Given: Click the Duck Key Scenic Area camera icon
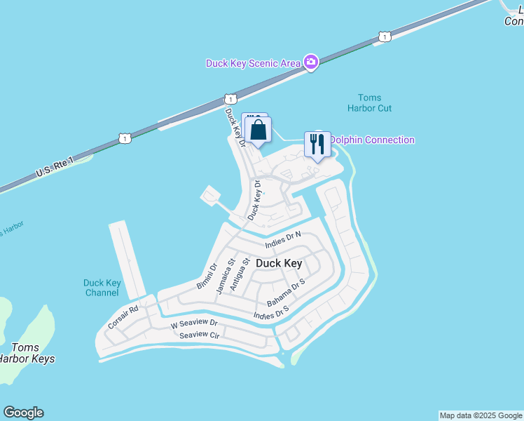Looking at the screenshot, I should tap(311, 63).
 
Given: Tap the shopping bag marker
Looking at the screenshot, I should tap(258, 130).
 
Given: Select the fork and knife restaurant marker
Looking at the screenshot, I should tap(317, 145).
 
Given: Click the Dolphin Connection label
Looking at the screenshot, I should tap(371, 140).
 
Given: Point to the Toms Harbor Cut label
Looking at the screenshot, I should tap(369, 103).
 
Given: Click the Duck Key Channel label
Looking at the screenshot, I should tap(102, 288).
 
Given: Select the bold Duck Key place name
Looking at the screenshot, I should tap(279, 263).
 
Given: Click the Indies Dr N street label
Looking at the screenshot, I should tap(283, 239).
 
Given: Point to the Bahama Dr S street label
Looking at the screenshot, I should tap(287, 293).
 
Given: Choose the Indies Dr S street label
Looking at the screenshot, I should tap(272, 312).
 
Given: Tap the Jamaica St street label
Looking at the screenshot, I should tap(224, 276).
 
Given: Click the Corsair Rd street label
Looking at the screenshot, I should tap(123, 317).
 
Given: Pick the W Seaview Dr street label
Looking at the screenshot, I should tap(195, 325).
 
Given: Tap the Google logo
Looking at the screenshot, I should tap(23, 413).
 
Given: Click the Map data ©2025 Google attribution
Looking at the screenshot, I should tap(481, 415).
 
